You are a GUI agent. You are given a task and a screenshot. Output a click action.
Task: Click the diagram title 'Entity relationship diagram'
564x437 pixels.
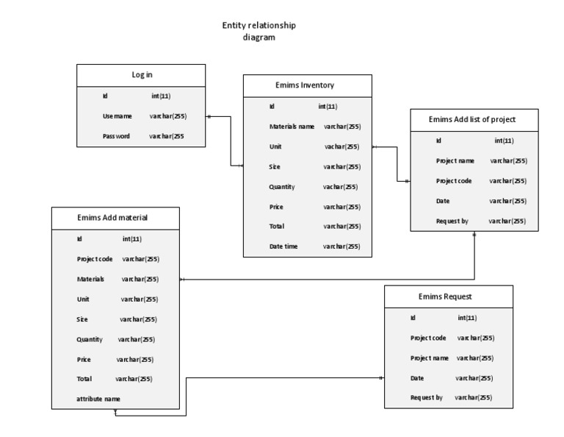pyautogui.click(x=259, y=32)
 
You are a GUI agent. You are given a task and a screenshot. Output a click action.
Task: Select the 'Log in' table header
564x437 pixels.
pyautogui.click(x=142, y=74)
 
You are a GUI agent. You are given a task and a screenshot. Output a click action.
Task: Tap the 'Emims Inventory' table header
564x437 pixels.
pyautogui.click(x=307, y=85)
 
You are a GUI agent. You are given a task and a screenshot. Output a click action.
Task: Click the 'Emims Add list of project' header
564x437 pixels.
pyautogui.click(x=473, y=119)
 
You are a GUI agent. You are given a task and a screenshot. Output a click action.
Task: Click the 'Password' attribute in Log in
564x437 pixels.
pyautogui.click(x=116, y=136)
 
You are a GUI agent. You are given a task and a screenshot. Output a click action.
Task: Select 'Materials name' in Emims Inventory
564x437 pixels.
pyautogui.click(x=292, y=127)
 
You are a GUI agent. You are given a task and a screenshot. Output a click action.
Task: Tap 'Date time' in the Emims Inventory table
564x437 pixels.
pyautogui.click(x=283, y=246)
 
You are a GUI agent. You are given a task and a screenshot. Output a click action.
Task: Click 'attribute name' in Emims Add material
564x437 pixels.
pyautogui.click(x=98, y=399)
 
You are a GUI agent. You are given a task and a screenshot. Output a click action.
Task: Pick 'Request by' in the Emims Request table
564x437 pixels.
pyautogui.click(x=426, y=397)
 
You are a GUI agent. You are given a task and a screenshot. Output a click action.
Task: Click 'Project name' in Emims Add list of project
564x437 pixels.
pyautogui.click(x=455, y=160)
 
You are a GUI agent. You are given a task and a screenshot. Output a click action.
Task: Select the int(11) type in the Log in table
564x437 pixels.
pyautogui.click(x=161, y=96)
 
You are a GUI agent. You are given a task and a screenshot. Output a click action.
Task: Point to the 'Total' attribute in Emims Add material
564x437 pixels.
pyautogui.click(x=84, y=379)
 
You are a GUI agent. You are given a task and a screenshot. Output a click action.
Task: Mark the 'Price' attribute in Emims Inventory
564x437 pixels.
pyautogui.click(x=276, y=207)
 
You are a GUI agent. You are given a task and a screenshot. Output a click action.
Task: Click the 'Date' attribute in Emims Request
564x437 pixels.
pyautogui.click(x=417, y=377)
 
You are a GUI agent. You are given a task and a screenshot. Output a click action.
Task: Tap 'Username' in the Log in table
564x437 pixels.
pyautogui.click(x=117, y=116)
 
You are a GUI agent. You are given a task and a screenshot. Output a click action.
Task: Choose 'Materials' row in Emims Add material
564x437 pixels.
pyautogui.click(x=90, y=279)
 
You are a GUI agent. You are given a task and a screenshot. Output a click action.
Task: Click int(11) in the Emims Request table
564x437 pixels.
pyautogui.click(x=467, y=318)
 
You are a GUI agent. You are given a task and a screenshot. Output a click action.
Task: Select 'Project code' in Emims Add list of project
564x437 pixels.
pyautogui.click(x=454, y=180)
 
